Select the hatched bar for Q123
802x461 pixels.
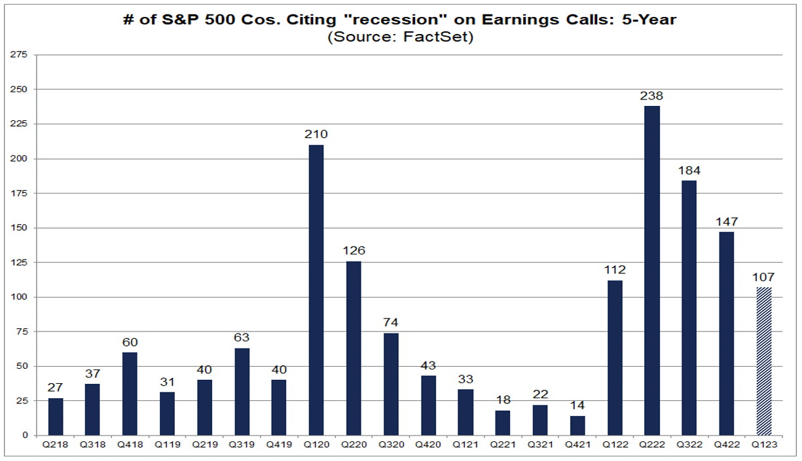[763, 361]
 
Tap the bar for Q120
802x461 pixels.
[316, 290]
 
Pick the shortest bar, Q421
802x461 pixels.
[577, 425]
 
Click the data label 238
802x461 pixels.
[651, 96]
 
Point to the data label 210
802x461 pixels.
[316, 135]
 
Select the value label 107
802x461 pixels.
[763, 277]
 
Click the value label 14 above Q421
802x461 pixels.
[577, 406]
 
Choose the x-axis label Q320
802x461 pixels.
[391, 444]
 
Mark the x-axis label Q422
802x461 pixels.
[726, 444]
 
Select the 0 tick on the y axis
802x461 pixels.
[24, 435]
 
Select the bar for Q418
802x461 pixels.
[130, 394]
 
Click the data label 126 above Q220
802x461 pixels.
[354, 251]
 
